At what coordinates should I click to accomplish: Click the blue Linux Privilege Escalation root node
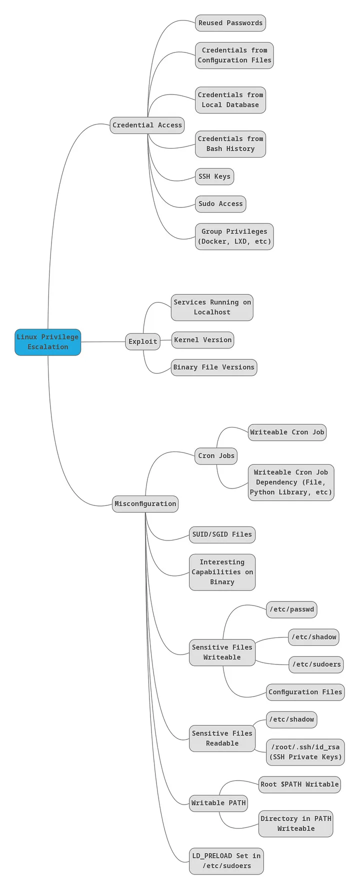(x=47, y=342)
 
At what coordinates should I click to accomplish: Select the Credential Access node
(x=147, y=125)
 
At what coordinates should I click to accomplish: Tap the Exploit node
(x=142, y=341)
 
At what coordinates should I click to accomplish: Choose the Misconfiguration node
(x=145, y=503)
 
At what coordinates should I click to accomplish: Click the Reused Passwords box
(x=230, y=23)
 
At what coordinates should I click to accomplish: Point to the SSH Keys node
(x=214, y=176)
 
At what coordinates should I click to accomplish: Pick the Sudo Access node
(x=220, y=203)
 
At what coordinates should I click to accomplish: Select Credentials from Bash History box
(x=230, y=144)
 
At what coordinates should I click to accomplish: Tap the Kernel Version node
(x=202, y=340)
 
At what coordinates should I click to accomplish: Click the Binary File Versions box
(x=213, y=367)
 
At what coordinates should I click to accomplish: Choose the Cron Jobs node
(x=216, y=455)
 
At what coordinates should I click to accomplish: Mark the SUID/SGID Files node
(x=222, y=534)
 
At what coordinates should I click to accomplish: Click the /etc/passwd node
(x=291, y=609)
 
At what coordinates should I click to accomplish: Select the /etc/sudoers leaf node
(x=316, y=664)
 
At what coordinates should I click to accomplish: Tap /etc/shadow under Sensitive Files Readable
(x=291, y=719)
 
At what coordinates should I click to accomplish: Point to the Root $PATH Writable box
(x=299, y=784)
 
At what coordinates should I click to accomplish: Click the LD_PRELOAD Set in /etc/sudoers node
(x=226, y=861)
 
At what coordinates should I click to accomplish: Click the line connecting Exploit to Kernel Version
(x=165, y=340)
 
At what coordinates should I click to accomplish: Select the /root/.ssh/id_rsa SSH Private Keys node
(x=305, y=751)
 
